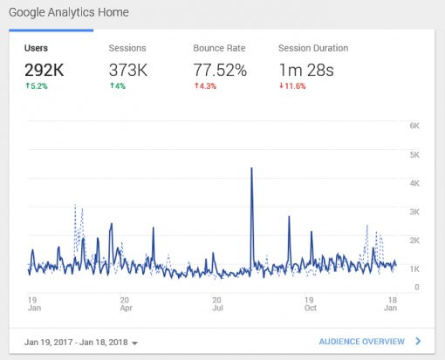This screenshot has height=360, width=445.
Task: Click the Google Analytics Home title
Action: (69, 13)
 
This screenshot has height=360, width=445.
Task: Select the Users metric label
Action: (38, 49)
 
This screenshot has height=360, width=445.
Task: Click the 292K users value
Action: (45, 69)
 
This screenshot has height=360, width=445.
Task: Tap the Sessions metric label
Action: (127, 49)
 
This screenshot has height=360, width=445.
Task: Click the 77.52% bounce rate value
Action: (220, 69)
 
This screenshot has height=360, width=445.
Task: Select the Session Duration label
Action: (313, 49)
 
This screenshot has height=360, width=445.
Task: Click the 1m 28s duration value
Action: (307, 69)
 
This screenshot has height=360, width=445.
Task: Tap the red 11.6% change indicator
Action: (292, 85)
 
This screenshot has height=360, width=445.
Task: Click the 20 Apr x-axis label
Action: (126, 302)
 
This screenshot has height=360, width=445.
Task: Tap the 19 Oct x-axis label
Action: (309, 302)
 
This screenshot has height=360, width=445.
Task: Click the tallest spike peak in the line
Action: (251, 168)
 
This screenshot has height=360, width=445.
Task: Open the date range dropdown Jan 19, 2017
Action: (81, 342)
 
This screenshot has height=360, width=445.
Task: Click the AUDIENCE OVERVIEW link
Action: (361, 342)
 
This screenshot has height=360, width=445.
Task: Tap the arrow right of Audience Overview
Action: (418, 342)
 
